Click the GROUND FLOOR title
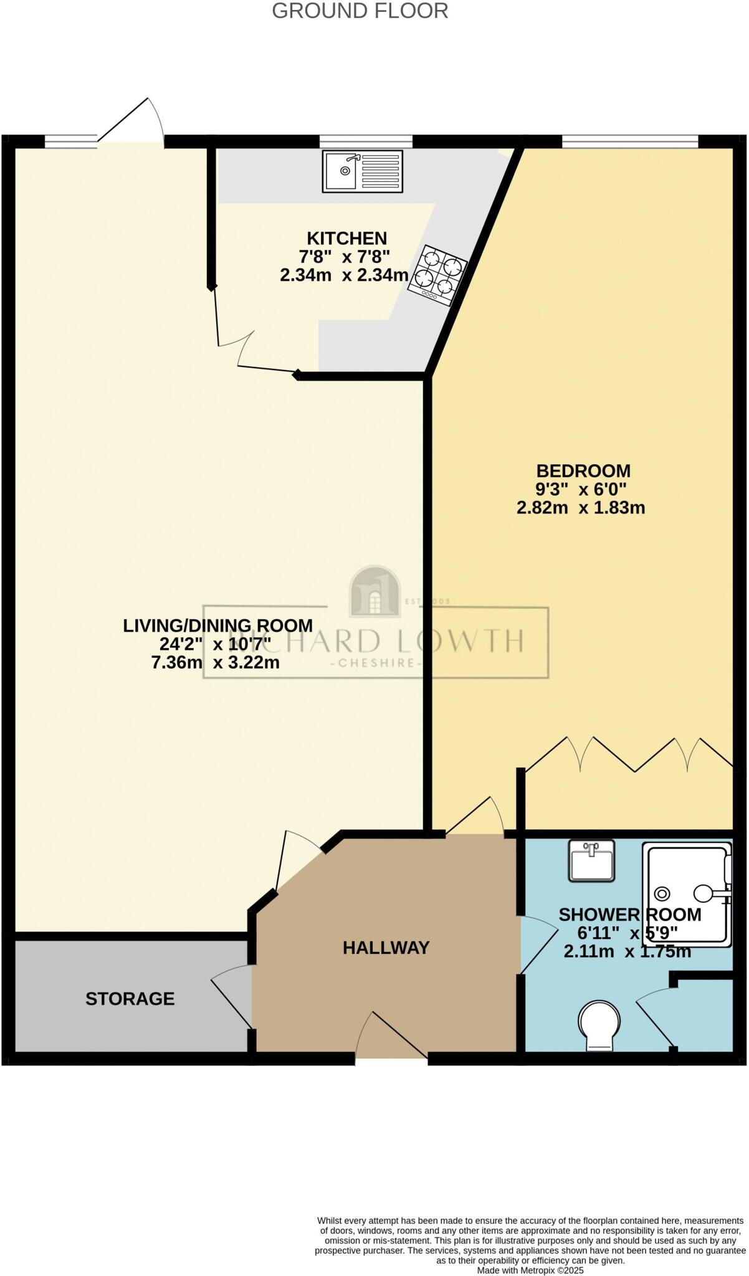click(x=360, y=11)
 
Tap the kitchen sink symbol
click(x=362, y=171)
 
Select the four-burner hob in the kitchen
click(x=438, y=275)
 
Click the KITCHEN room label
click(x=347, y=239)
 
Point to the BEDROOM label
click(x=583, y=471)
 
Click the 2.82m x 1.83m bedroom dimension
click(x=581, y=508)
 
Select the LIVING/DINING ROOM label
click(x=217, y=626)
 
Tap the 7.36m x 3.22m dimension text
click(x=215, y=662)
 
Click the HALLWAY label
click(x=386, y=948)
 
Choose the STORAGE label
click(x=130, y=999)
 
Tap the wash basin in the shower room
click(x=591, y=860)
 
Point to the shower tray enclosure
click(x=685, y=894)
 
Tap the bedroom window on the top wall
click(x=629, y=142)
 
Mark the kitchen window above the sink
click(x=366, y=142)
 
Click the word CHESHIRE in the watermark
click(x=375, y=663)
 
